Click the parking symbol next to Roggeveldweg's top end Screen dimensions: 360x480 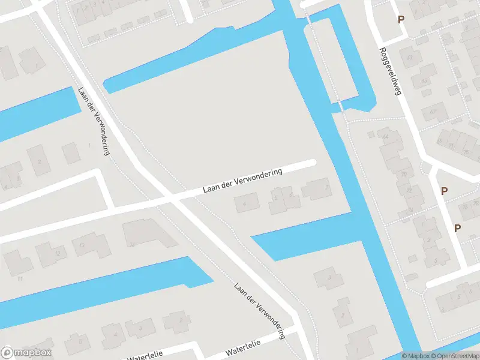[x=401, y=19]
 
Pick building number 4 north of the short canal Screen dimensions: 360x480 [x=244, y=205]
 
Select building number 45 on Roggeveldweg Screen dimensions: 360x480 [x=424, y=80]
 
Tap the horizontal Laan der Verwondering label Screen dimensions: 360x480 [x=242, y=181]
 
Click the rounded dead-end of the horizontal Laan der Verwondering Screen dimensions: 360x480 [x=312, y=163]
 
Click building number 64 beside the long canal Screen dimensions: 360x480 [x=385, y=137]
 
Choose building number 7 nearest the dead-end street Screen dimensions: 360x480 [x=326, y=187]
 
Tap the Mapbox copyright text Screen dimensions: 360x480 [x=415, y=356]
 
